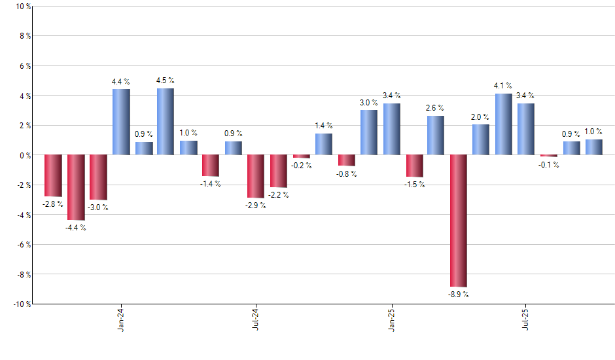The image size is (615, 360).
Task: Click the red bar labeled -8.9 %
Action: click(x=458, y=221)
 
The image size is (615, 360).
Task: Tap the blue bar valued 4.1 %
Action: click(x=504, y=124)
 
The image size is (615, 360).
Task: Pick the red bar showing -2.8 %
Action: click(x=53, y=175)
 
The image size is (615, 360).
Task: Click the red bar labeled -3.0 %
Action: click(x=98, y=177)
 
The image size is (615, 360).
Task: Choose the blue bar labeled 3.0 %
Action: click(x=368, y=132)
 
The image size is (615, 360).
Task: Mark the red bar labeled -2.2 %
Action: click(x=279, y=171)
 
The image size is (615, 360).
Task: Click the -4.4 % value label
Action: click(x=75, y=228)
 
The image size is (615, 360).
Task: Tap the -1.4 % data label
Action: click(x=210, y=184)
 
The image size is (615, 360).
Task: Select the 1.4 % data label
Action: click(x=323, y=126)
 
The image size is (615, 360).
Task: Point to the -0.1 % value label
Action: click(x=548, y=165)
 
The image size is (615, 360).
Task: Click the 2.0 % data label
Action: click(x=480, y=117)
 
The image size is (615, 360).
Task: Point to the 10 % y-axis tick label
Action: click(x=22, y=7)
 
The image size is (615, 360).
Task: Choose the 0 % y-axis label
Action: click(x=24, y=155)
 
